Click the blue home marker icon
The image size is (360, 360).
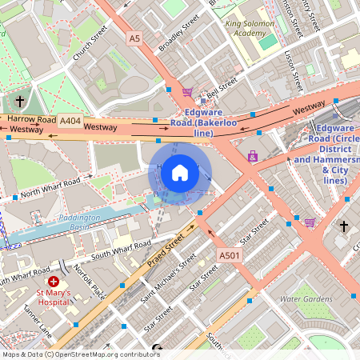coord(180,172)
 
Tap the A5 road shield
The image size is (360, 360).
coord(134,38)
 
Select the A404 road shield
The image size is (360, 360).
coord(70,121)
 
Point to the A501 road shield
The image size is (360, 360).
coord(229,255)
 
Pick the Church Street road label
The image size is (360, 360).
coord(89,46)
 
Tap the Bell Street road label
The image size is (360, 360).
coord(222,90)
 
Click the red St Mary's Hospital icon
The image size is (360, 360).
coord(54,282)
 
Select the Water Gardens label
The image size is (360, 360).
coord(306,299)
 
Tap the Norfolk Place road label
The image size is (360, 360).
coord(89,281)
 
